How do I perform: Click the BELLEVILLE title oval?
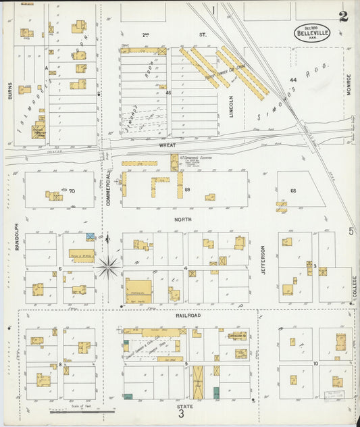click(311, 32)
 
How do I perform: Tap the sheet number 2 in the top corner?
click(344, 16)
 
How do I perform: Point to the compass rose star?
click(107, 266)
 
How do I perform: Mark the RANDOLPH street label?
click(16, 238)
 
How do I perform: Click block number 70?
click(71, 191)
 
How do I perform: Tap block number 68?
click(293, 191)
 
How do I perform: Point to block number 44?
click(292, 80)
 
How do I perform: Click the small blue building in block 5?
click(91, 236)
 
